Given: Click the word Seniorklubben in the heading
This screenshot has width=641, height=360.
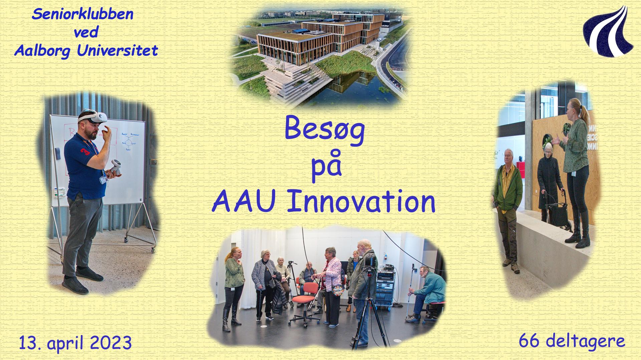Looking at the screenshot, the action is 82,14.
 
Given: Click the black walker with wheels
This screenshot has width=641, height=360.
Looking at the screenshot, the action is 556,209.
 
